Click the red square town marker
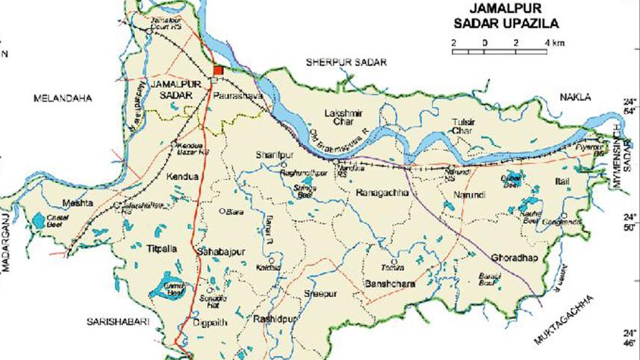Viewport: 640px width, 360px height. click(217, 70)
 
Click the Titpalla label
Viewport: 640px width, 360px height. click(163, 248)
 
